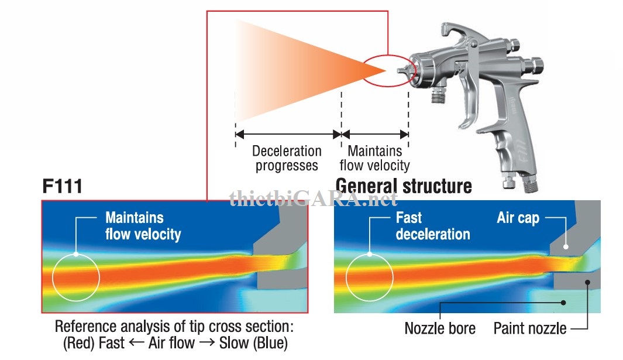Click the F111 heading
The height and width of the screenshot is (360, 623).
coord(62,187)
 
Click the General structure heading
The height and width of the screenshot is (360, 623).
coord(404,186)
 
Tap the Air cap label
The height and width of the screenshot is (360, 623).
coord(517,218)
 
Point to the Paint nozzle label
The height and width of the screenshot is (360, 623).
coord(530,328)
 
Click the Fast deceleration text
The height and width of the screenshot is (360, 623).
coord(432,226)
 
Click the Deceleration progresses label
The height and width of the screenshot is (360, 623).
coord(287,158)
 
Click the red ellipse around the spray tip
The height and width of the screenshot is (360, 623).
coord(390,71)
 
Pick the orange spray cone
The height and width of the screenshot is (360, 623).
coord(292,71)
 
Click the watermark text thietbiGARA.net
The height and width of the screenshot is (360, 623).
coord(313,200)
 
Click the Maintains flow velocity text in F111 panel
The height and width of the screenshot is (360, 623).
coord(143,226)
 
